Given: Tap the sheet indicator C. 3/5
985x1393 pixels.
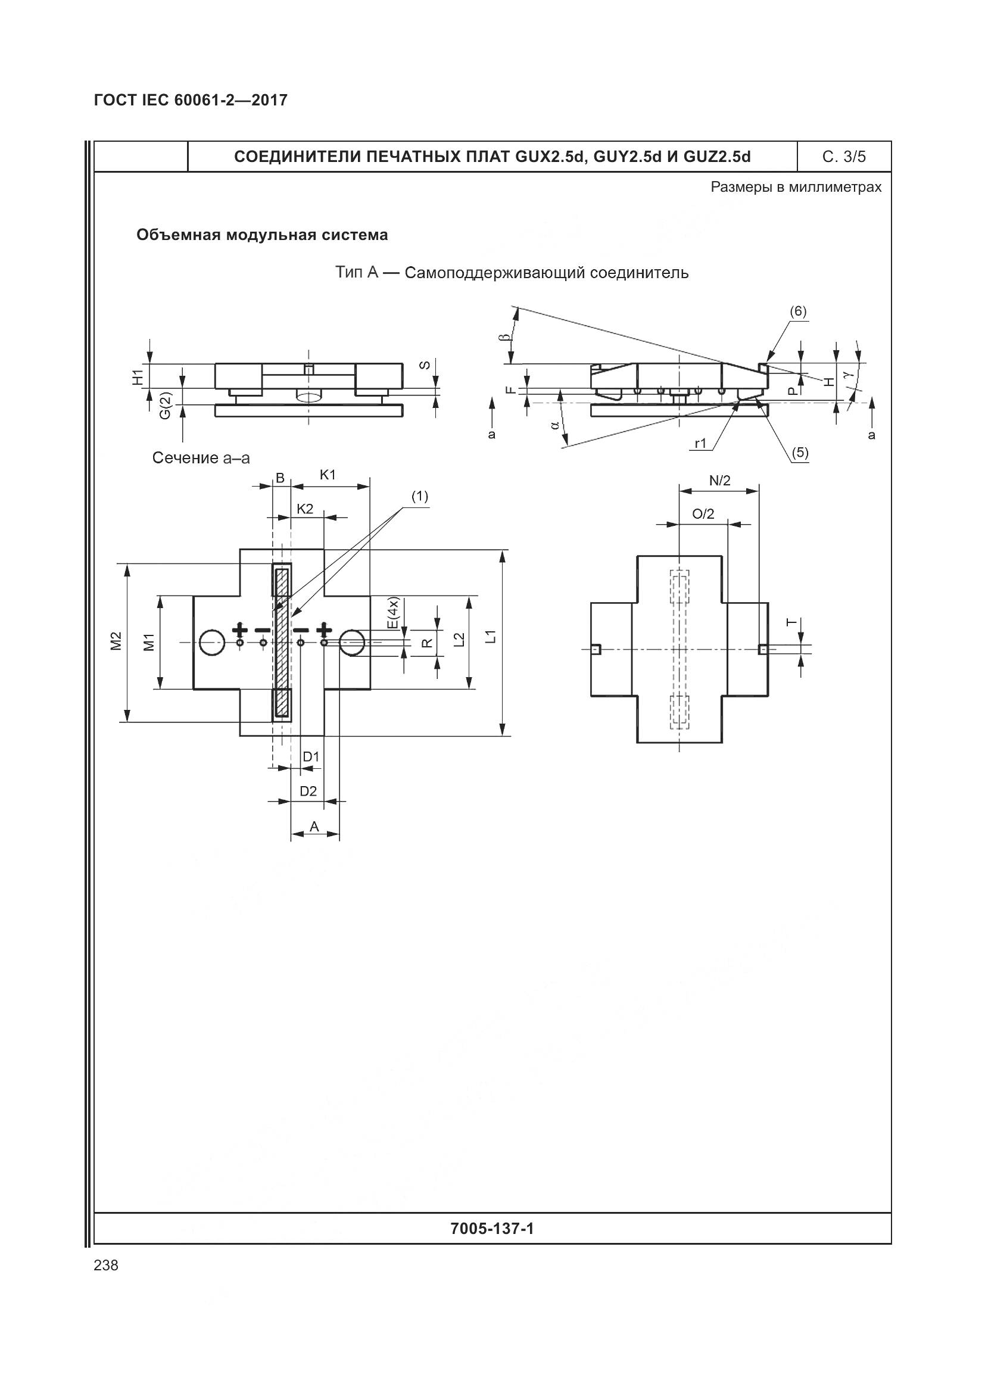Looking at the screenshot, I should coord(844,157).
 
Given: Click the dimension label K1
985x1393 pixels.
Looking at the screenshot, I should coord(328,475).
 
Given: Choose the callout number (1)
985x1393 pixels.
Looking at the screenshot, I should coord(420,496).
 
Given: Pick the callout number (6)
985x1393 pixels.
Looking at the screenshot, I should coord(797,311).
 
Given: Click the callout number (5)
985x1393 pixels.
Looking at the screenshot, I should coord(800,452).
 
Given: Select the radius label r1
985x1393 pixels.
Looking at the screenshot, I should coord(701,444).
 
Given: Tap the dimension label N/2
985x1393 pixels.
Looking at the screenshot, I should coord(720,481).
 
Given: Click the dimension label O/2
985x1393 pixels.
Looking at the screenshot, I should coord(703,514).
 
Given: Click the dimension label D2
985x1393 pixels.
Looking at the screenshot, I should coord(308,791).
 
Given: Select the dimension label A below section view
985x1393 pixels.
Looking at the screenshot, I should coord(314,827).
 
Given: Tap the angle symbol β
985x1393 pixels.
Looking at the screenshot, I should coord(507,335).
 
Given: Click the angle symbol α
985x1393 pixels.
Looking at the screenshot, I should coord(554,425).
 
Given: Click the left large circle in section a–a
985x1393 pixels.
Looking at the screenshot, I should coord(211,643).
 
